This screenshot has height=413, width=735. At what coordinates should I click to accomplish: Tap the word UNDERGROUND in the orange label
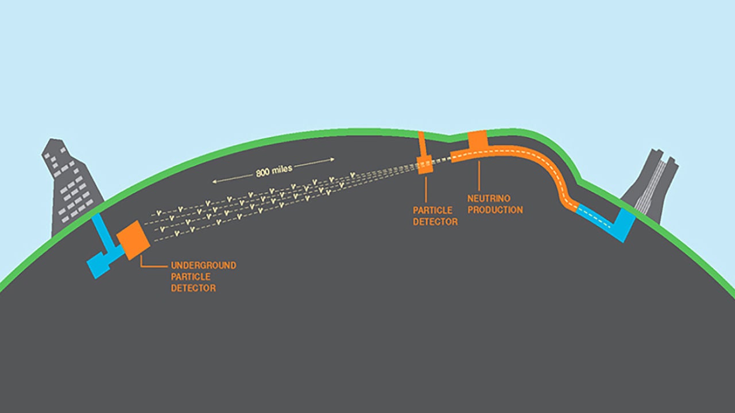(x=203, y=266)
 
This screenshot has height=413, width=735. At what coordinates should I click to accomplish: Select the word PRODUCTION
(x=495, y=210)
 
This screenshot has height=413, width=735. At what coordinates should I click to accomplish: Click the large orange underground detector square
(x=133, y=240)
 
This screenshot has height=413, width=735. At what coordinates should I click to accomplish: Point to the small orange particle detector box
(x=425, y=165)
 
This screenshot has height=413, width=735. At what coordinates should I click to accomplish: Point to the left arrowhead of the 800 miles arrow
(x=214, y=181)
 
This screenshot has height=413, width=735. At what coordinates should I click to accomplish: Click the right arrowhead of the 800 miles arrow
(x=333, y=158)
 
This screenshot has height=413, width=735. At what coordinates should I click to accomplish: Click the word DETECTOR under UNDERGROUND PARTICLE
(x=194, y=288)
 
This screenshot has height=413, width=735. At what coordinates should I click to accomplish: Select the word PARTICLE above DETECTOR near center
(x=432, y=211)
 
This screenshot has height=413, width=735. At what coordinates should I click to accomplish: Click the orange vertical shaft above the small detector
(x=422, y=144)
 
